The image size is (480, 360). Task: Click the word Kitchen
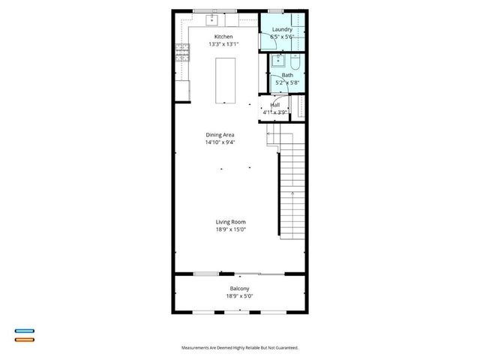(x=223, y=37)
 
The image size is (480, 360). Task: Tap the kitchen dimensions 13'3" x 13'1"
(x=223, y=44)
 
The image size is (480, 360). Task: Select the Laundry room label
(x=282, y=29)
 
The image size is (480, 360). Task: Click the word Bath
(x=287, y=75)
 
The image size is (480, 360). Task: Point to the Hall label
(x=275, y=105)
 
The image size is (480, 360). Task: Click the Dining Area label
(x=220, y=135)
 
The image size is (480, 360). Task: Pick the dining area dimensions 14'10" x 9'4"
(x=220, y=142)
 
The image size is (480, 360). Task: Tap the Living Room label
(x=231, y=222)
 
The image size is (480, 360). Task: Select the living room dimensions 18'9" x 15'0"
(x=231, y=229)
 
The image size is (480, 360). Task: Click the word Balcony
(x=239, y=289)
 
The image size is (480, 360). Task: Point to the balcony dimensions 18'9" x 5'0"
(x=239, y=296)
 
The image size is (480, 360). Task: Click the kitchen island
(x=224, y=81)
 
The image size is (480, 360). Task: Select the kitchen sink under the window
(x=212, y=16)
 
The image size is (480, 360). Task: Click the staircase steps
(x=293, y=187)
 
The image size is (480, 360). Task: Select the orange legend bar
(x=25, y=340)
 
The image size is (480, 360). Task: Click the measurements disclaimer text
(x=239, y=348)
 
